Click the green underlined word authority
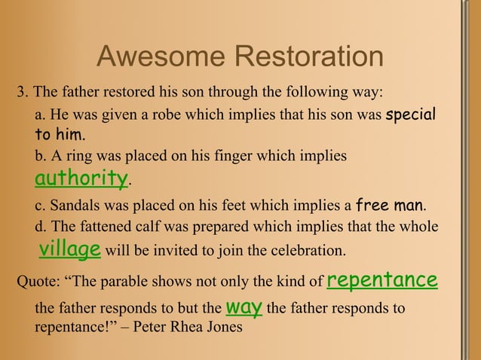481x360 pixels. (81, 178)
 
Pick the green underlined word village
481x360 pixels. (70, 249)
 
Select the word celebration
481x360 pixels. (308, 250)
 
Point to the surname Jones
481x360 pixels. (224, 328)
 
